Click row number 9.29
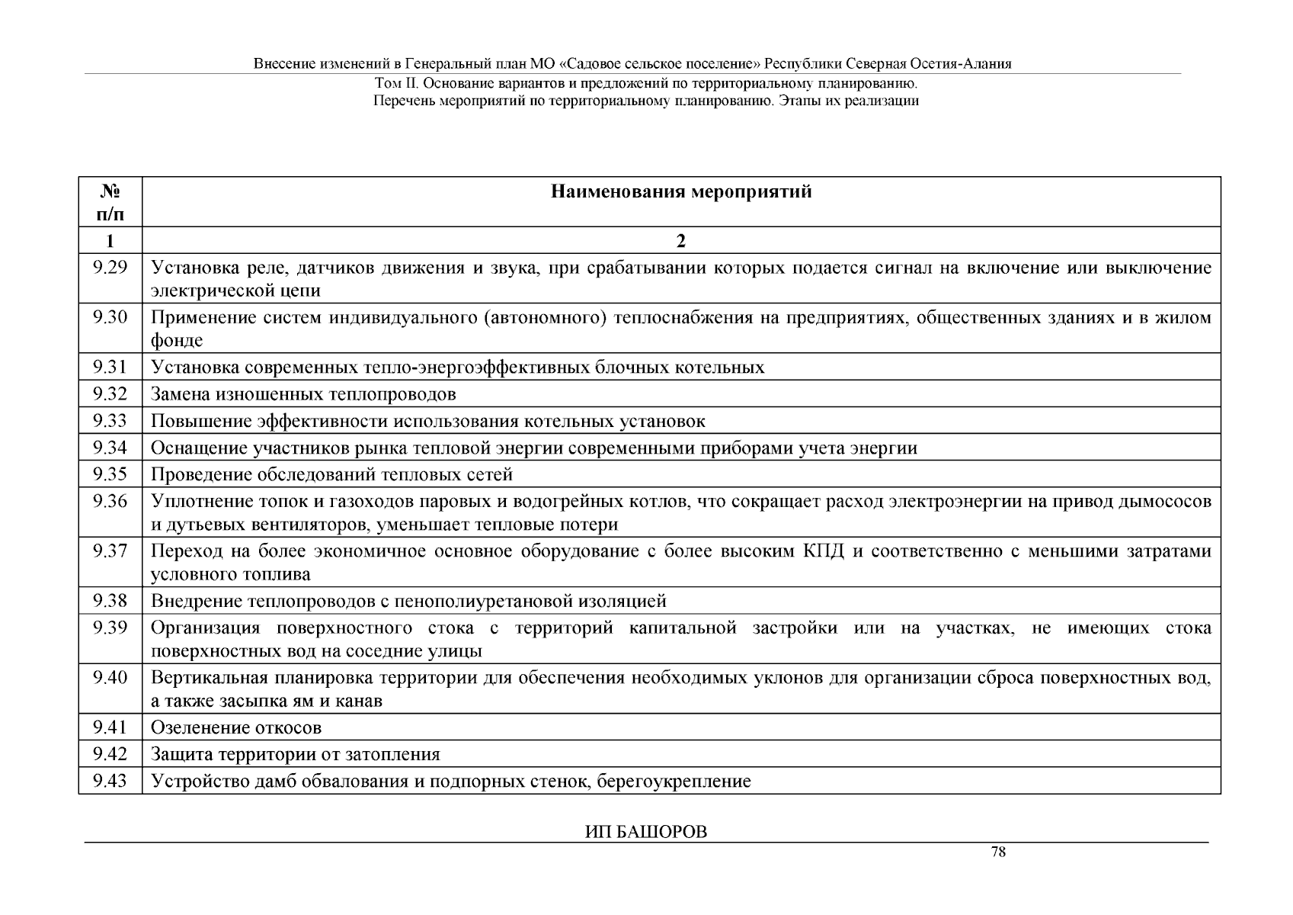coord(110,268)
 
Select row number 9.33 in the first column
coord(110,421)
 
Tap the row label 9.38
coord(110,601)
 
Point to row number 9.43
coord(110,781)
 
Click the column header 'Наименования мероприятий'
coord(681,192)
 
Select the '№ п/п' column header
coord(110,202)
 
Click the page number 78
coord(998,852)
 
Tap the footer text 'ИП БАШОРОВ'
coord(646,832)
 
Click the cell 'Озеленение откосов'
coord(236,727)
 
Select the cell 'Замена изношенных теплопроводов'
coord(303,394)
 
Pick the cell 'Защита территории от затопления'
coord(296,754)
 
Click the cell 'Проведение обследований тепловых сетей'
coord(331,474)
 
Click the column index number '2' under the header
coord(681,241)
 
